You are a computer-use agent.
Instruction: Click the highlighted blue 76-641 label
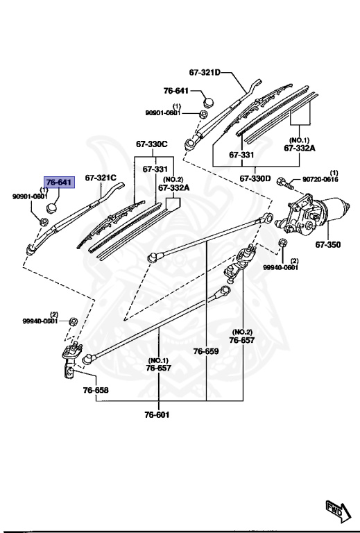tap(58, 182)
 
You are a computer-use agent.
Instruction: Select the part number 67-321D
tap(204, 72)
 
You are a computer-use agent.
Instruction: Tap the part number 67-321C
tap(101, 178)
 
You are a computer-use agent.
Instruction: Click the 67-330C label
tap(151, 144)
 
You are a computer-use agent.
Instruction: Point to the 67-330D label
tap(257, 178)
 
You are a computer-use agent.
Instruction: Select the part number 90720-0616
tap(321, 179)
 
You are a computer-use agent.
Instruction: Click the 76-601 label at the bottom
tap(157, 415)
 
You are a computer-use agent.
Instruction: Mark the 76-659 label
tap(206, 351)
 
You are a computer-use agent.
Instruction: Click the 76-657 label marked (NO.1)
tap(157, 369)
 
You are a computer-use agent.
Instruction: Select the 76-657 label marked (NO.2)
tap(242, 341)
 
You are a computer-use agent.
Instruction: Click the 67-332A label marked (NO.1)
tap(299, 148)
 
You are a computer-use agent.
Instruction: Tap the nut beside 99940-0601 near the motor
tap(283, 242)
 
